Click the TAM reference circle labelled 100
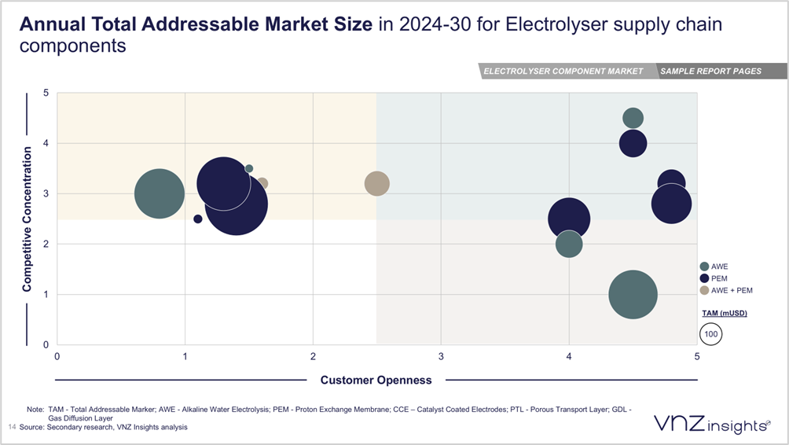tap(711, 334)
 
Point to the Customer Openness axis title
tap(376, 381)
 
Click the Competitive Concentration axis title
tap(28, 219)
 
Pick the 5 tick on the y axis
tap(46, 93)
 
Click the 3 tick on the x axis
tap(441, 356)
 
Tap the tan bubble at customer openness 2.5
tap(377, 183)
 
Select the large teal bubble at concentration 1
tap(633, 295)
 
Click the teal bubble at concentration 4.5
tap(633, 118)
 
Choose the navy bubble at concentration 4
tap(633, 143)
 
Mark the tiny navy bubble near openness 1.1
tap(198, 219)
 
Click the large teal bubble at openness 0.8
tap(160, 193)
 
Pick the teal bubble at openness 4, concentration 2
tap(569, 244)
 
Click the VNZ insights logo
tap(712, 425)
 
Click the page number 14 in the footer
tap(12, 427)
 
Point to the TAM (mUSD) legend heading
tap(724, 313)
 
